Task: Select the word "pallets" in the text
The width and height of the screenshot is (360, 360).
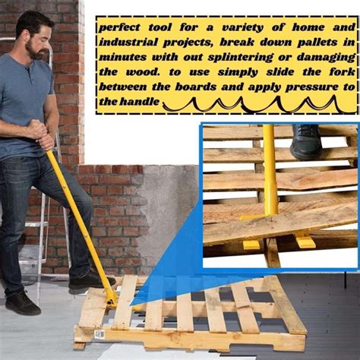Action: [x=321, y=42]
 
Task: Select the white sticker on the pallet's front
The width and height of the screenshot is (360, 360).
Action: [x=99, y=334]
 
